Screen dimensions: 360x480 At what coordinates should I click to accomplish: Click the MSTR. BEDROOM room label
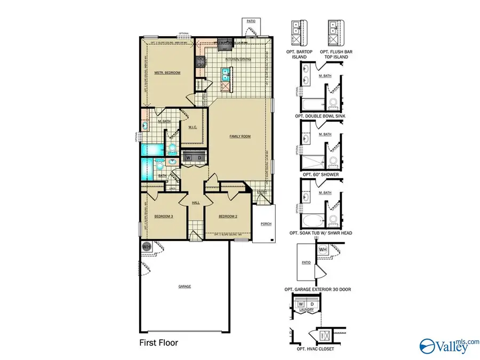(167, 73)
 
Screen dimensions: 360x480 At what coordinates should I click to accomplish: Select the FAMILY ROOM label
(240, 136)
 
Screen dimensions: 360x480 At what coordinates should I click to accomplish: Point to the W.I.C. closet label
(193, 127)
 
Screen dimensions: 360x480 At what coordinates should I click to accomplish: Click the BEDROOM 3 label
(164, 216)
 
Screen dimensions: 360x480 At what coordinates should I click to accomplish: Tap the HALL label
(196, 203)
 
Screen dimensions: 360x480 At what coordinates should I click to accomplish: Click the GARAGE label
(185, 286)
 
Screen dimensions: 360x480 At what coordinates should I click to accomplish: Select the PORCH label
(266, 224)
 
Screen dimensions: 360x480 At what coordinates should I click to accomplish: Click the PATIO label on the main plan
(251, 21)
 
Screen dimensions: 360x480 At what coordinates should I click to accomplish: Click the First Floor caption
(159, 342)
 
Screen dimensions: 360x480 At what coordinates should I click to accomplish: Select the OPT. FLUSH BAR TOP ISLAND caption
(334, 54)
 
